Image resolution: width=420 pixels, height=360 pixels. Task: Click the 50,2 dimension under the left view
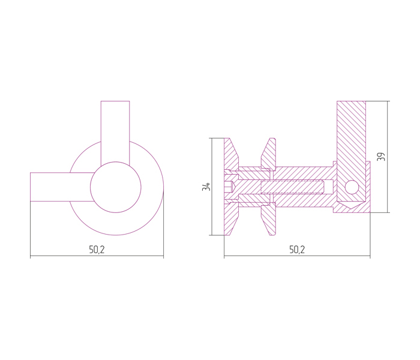(97, 250)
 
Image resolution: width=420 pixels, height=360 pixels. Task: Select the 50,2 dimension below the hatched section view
(297, 250)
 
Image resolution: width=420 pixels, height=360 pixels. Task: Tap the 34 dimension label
(206, 187)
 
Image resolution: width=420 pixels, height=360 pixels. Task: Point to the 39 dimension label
(381, 157)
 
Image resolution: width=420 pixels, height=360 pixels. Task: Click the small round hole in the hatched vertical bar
(352, 187)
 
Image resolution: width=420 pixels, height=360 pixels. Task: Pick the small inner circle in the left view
(116, 187)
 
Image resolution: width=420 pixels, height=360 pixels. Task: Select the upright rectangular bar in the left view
(115, 133)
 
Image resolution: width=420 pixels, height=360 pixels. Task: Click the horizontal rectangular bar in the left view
(62, 187)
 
